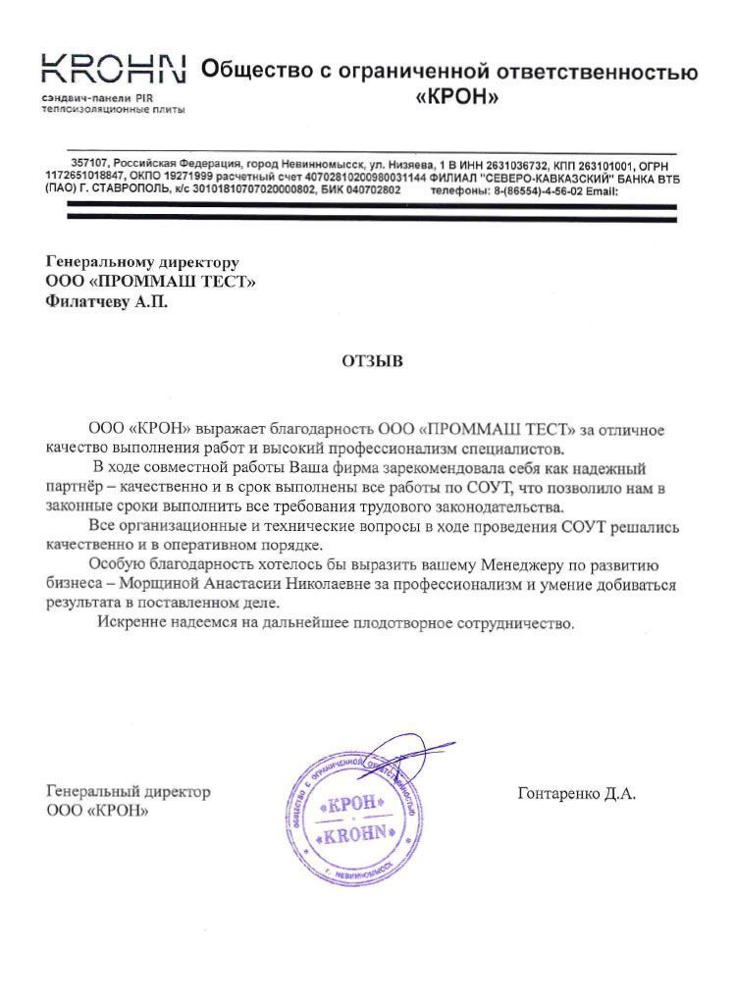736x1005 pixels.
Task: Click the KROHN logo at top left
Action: (113, 69)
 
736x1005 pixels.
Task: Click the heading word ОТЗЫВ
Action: (372, 361)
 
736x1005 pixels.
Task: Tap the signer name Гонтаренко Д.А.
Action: (576, 794)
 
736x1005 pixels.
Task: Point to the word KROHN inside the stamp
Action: (358, 836)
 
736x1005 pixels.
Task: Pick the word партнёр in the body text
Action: (74, 488)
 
